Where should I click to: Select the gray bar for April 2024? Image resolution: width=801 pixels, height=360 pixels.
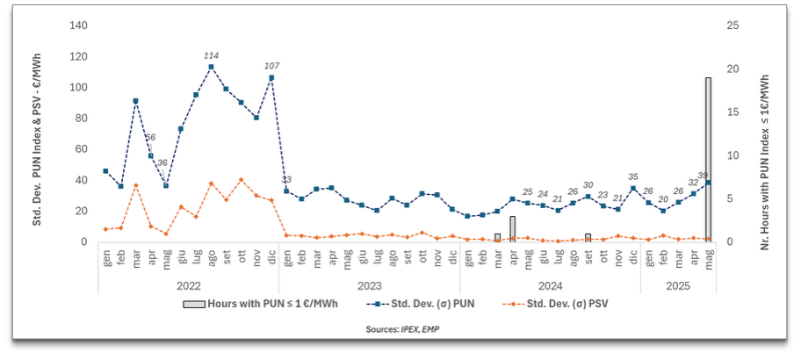[x=512, y=229]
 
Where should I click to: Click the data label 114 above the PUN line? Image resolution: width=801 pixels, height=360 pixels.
[x=212, y=55]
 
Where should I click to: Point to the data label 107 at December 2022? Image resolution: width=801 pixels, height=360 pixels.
[x=271, y=66]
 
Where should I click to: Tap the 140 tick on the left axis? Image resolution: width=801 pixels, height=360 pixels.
[x=77, y=25]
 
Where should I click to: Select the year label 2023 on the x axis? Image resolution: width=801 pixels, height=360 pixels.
[x=369, y=285]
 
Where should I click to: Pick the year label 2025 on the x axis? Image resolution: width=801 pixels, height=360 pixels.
[x=677, y=285]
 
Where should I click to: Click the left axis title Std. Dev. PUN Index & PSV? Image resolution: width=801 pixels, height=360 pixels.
[x=39, y=133]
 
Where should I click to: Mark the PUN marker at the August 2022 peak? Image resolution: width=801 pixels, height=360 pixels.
[x=211, y=67]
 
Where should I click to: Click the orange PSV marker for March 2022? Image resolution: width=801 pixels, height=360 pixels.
[x=135, y=185]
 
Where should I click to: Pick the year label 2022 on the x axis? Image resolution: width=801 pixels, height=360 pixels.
[x=188, y=285]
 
